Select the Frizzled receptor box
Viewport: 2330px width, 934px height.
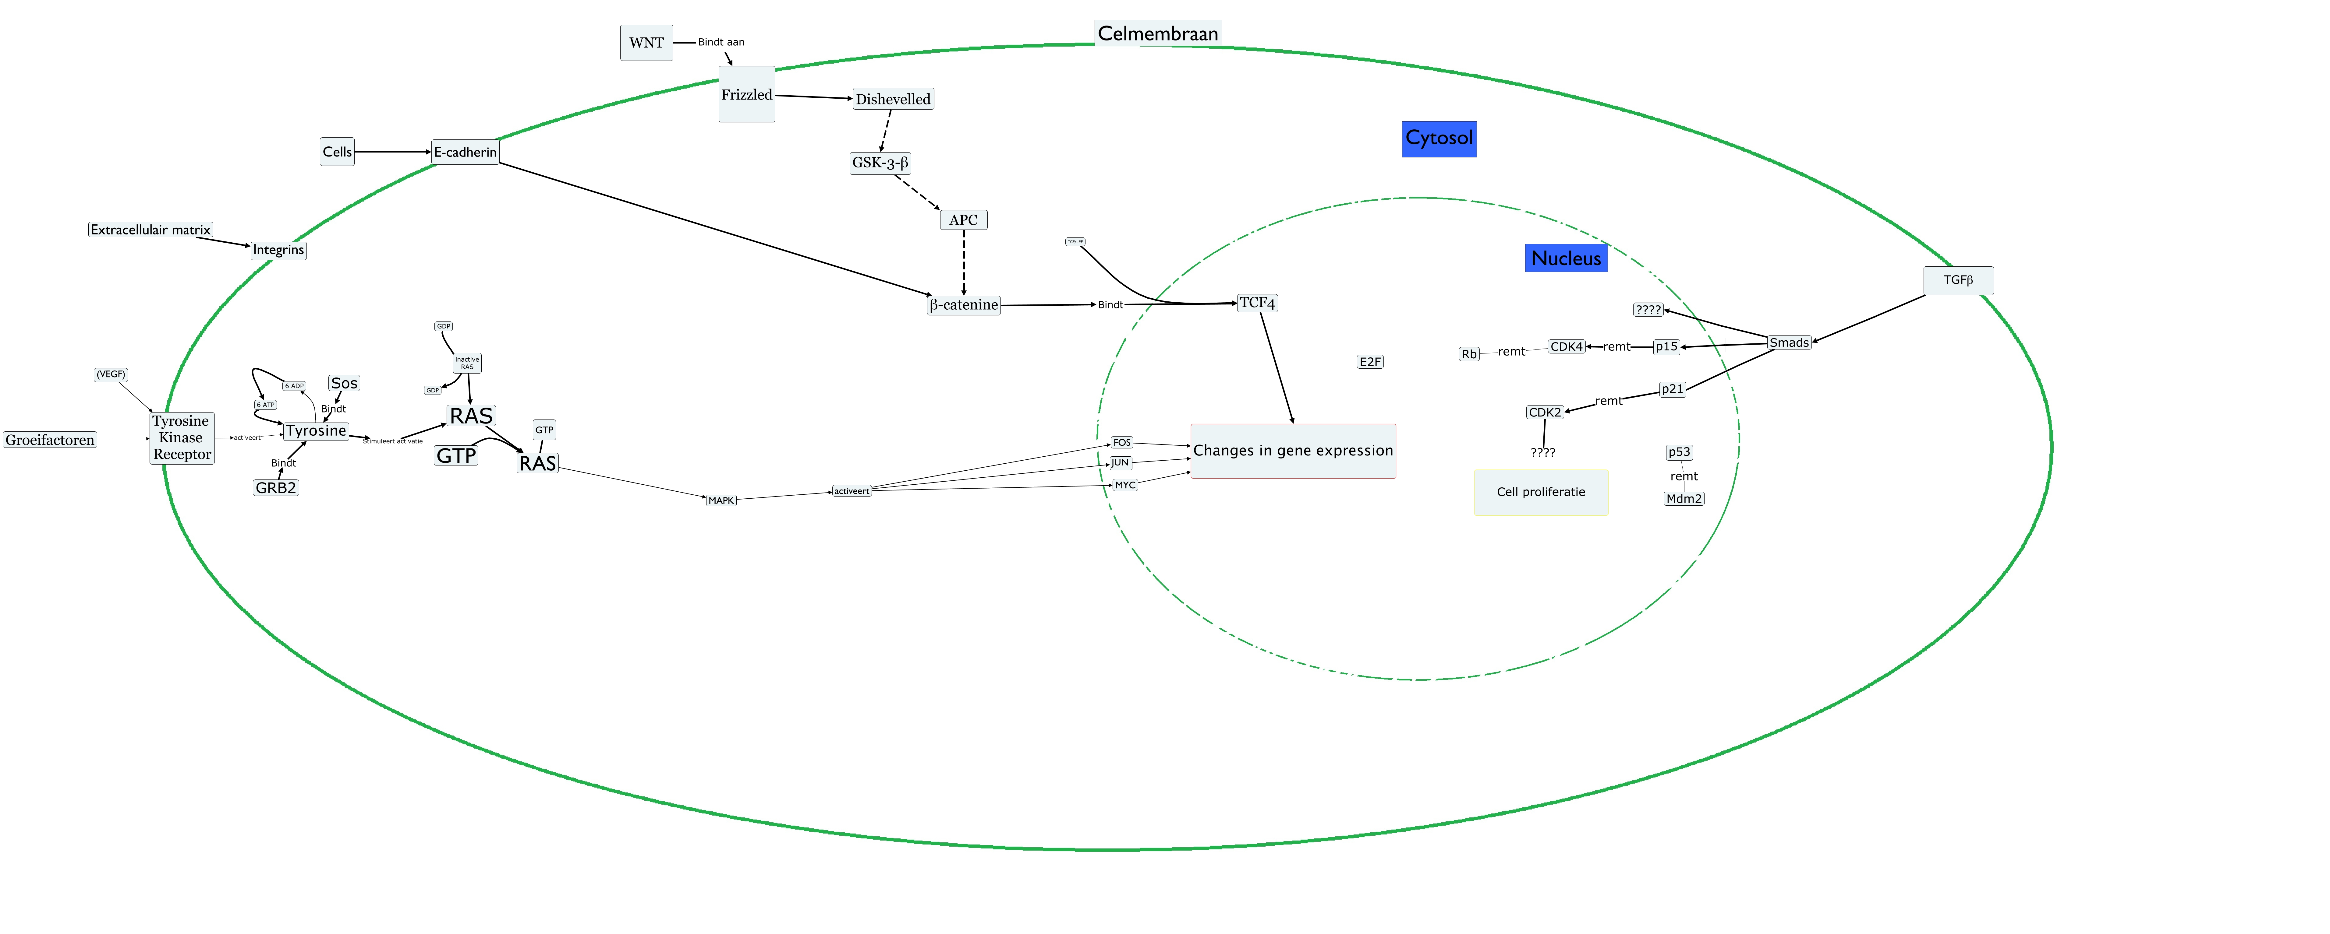[746, 94]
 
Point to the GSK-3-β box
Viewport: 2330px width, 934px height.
[879, 163]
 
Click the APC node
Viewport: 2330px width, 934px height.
[963, 220]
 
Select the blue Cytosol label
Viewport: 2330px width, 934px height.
[1438, 138]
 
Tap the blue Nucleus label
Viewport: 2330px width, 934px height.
[1566, 258]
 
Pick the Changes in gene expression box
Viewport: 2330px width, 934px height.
[1293, 450]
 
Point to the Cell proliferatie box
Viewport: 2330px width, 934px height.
[1540, 492]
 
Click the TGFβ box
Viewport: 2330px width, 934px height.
[1957, 280]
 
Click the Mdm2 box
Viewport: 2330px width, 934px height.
[1683, 498]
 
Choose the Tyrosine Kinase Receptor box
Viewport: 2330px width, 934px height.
[182, 437]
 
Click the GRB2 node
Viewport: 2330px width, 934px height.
[276, 487]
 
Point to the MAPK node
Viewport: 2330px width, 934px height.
[721, 500]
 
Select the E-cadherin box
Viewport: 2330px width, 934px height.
[465, 152]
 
